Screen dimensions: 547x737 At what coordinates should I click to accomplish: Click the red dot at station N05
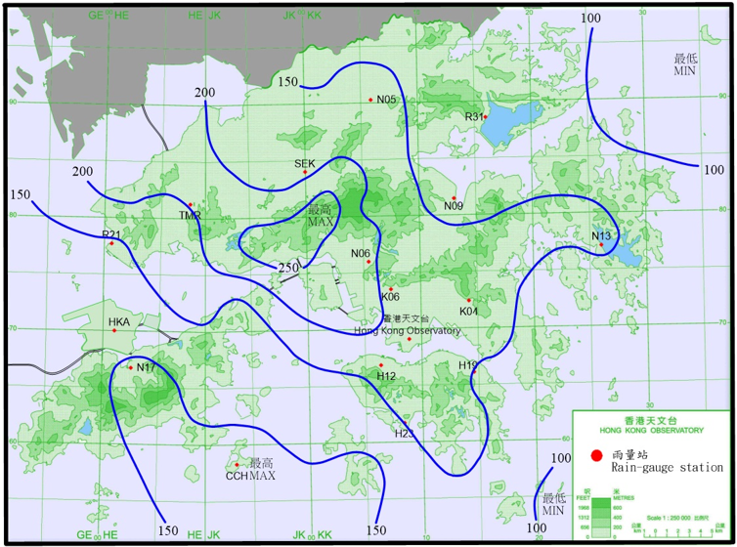[370, 100]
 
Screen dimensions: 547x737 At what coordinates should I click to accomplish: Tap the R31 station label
[474, 117]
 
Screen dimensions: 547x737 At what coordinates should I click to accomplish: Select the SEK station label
[304, 163]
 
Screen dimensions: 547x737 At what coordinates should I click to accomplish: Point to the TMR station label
[190, 215]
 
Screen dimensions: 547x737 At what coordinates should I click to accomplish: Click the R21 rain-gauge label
[110, 234]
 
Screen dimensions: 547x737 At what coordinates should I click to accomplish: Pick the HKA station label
[118, 321]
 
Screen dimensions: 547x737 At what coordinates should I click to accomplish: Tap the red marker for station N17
[130, 367]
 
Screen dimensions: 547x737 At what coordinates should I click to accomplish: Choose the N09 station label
[454, 206]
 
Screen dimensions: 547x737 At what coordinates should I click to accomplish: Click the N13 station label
[601, 235]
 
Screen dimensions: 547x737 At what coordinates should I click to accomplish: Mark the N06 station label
[361, 253]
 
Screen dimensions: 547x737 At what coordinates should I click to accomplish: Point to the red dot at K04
[469, 300]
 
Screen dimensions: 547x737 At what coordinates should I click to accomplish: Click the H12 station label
[386, 376]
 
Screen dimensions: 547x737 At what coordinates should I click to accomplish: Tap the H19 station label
[468, 365]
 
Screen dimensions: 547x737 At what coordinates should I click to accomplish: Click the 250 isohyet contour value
[287, 268]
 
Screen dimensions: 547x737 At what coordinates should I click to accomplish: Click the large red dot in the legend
[596, 455]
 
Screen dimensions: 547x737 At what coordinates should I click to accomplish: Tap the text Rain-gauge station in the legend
[668, 469]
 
